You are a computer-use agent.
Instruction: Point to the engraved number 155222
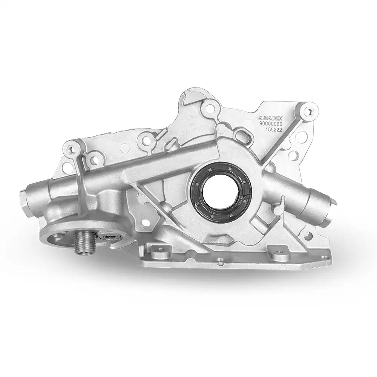[273, 130]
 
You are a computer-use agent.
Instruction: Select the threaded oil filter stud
[82, 244]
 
